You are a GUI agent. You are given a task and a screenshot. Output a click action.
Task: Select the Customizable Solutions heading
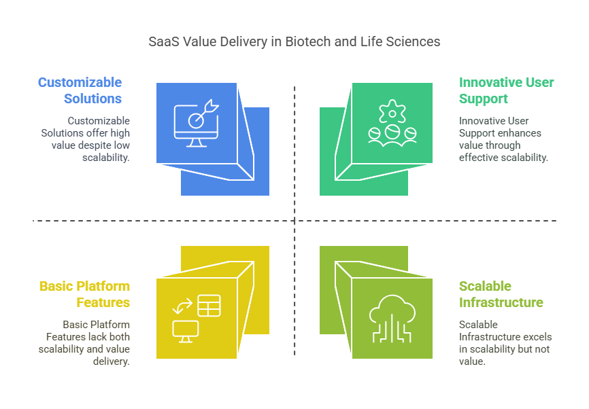pyautogui.click(x=80, y=90)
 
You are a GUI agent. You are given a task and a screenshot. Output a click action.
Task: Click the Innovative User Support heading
pyautogui.click(x=506, y=90)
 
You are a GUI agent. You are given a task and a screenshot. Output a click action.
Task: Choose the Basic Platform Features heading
pyautogui.click(x=84, y=294)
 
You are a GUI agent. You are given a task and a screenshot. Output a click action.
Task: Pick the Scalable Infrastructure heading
pyautogui.click(x=501, y=294)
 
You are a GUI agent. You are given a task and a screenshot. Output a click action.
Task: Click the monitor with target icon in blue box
pyautogui.click(x=197, y=123)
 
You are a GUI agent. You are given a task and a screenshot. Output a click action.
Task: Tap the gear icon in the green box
pyautogui.click(x=392, y=111)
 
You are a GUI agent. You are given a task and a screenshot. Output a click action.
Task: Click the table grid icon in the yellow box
pyautogui.click(x=209, y=306)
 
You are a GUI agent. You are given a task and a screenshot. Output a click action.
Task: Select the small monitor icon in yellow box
pyautogui.click(x=186, y=332)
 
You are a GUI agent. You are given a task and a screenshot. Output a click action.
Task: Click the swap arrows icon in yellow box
pyautogui.click(x=182, y=306)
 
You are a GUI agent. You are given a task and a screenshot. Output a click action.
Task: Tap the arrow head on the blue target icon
pyautogui.click(x=212, y=106)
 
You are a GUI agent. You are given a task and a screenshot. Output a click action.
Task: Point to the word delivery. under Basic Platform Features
pyautogui.click(x=111, y=361)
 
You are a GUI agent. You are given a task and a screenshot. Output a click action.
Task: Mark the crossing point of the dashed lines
pyautogui.click(x=294, y=221)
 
